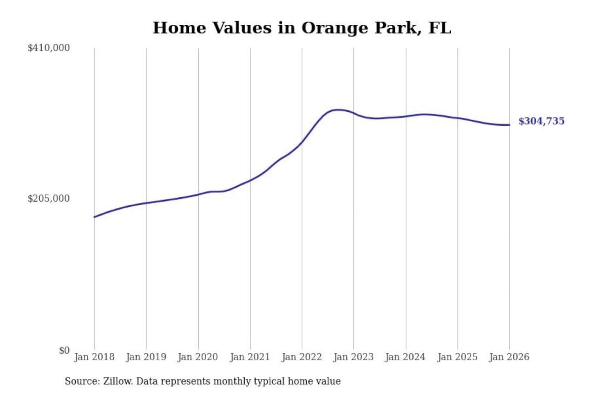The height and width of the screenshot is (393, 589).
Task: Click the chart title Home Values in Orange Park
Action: (x=302, y=28)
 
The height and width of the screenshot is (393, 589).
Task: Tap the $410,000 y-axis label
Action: (x=49, y=48)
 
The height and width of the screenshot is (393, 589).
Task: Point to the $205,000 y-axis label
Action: (x=49, y=199)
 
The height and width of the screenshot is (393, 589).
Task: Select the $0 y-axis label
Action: (x=64, y=350)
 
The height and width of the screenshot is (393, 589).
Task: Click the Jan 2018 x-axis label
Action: (x=94, y=357)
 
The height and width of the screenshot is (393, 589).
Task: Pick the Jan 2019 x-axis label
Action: (x=146, y=357)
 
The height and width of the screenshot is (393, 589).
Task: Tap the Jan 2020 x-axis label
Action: (x=198, y=357)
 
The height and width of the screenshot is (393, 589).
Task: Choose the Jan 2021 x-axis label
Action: (x=250, y=357)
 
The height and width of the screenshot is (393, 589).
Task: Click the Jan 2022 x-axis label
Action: (x=302, y=357)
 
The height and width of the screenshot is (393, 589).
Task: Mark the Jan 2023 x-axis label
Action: (x=353, y=357)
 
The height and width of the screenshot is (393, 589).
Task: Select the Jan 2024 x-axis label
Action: (x=405, y=357)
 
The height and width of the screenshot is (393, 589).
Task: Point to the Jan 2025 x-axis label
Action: (x=457, y=357)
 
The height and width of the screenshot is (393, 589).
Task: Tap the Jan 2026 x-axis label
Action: (x=509, y=357)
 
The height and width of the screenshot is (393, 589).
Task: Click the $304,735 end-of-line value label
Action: (x=542, y=121)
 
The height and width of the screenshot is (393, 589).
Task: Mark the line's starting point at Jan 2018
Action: (x=94, y=217)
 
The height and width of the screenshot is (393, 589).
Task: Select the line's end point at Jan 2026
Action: (x=509, y=125)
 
